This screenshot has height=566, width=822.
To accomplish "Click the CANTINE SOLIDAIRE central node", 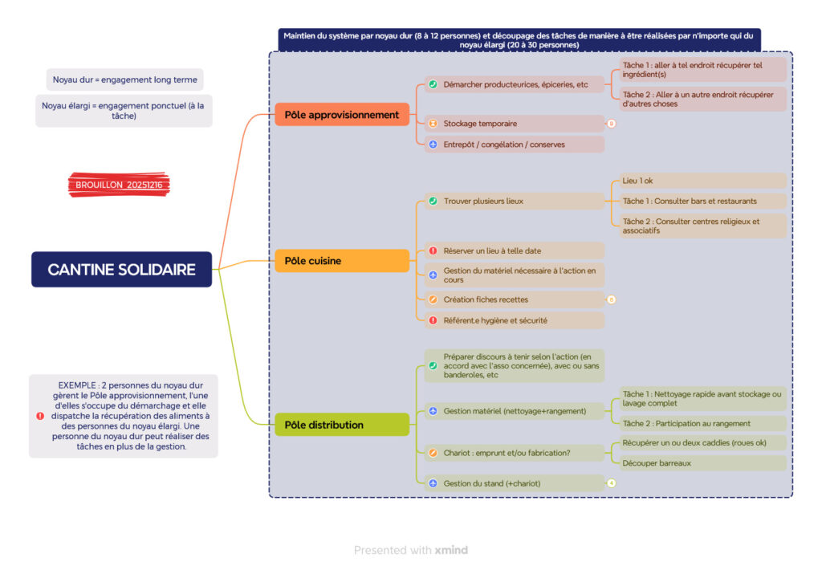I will tap(121, 270).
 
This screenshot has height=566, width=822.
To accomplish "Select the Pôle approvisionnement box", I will tap(341, 115).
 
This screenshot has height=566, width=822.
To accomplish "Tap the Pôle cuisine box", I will tap(341, 261).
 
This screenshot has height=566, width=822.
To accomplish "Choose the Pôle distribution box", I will tap(341, 425).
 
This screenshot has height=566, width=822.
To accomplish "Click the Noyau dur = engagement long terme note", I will tap(124, 79).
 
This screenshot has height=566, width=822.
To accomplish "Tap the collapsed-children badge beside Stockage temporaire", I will tap(611, 124).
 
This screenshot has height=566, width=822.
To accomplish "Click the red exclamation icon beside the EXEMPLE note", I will tap(40, 416).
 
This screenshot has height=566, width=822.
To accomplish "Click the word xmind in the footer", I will tap(451, 551).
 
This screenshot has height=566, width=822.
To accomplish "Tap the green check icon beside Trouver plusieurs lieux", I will tap(433, 201).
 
